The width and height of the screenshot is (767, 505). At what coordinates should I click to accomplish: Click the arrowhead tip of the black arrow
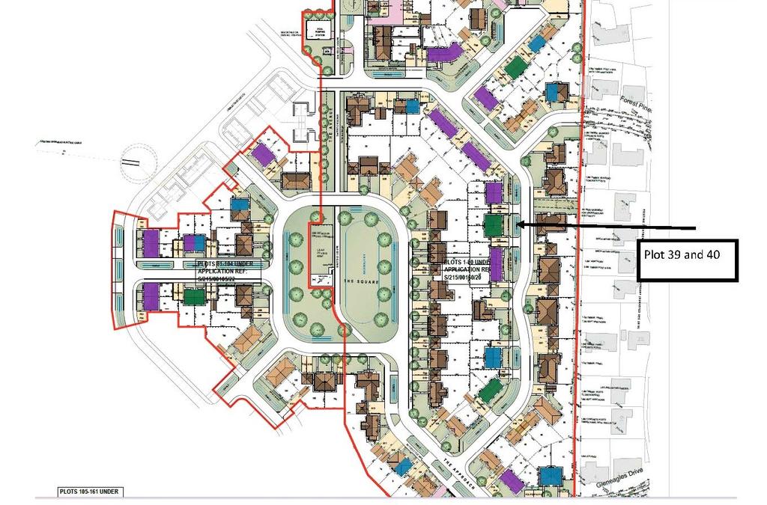[x=515, y=224]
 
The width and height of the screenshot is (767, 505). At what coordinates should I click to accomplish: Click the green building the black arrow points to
[x=494, y=224]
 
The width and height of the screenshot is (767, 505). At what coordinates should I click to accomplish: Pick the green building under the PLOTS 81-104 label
[x=194, y=296]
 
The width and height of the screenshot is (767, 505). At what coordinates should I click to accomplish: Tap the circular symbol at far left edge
[x=133, y=161]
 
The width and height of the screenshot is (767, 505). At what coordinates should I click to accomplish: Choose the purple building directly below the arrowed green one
[x=495, y=262]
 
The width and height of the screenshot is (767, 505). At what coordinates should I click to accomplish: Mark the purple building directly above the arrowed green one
[x=493, y=193]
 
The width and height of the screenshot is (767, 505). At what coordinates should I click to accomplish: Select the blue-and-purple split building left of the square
[x=194, y=242]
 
